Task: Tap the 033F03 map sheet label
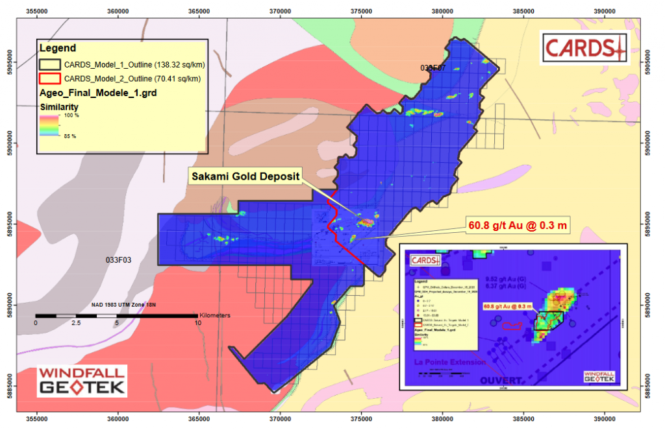coord(119,259)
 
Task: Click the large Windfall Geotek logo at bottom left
coord(81,382)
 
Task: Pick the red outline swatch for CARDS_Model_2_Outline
coord(50,79)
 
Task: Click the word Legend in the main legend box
coord(58,48)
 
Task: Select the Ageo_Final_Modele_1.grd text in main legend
coord(88,93)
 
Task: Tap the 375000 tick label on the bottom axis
coord(361,420)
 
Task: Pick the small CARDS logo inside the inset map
coord(425,260)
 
